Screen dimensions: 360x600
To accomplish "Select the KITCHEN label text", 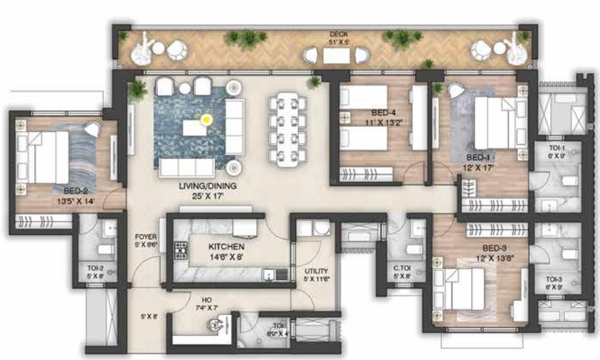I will pos(227,247).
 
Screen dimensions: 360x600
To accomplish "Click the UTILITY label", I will pos(316,271).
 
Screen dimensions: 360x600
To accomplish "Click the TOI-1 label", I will pos(558,147).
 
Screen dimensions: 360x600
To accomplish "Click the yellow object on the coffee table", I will pos(206,119).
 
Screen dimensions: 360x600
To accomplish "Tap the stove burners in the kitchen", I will pos(181,250).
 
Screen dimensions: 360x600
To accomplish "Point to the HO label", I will pos(206,299).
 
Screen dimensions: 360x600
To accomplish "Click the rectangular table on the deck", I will pos(336,54).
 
